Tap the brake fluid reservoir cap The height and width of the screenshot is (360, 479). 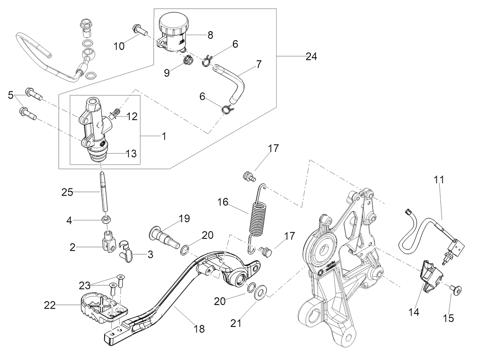(174, 24)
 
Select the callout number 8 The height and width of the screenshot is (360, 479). (210, 35)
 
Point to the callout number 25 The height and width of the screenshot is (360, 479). (67, 192)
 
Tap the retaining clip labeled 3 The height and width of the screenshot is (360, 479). (126, 252)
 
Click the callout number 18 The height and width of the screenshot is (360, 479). (199, 329)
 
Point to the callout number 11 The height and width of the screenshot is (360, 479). (439, 180)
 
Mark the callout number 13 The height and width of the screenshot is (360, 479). (131, 154)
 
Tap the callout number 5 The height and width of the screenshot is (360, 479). (10, 95)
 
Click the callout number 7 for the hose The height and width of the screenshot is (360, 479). (258, 64)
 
